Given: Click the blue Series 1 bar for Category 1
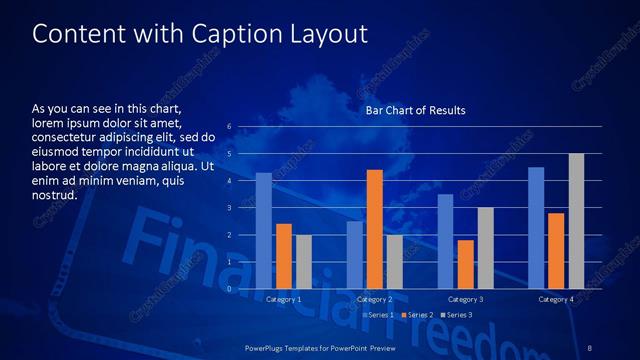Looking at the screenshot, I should pyautogui.click(x=264, y=231).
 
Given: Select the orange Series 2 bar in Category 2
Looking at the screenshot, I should pyautogui.click(x=375, y=229).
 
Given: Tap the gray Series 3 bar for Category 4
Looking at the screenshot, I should pyautogui.click(x=576, y=221).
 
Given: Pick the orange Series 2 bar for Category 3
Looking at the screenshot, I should pyautogui.click(x=466, y=264).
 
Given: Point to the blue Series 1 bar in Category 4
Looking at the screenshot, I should pyautogui.click(x=536, y=228).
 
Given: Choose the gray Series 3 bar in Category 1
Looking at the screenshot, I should pyautogui.click(x=304, y=262).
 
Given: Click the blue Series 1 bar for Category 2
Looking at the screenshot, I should pyautogui.click(x=355, y=255).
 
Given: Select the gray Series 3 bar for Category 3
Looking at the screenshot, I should pyautogui.click(x=486, y=248).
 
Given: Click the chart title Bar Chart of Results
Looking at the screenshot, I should pyautogui.click(x=415, y=110).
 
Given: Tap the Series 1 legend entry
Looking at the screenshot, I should pyautogui.click(x=378, y=315).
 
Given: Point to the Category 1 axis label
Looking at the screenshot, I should pyautogui.click(x=284, y=299).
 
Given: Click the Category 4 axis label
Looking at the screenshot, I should pyautogui.click(x=556, y=299).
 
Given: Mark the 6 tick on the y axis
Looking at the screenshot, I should pyautogui.click(x=229, y=127).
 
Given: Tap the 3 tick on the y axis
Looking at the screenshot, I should pyautogui.click(x=229, y=208).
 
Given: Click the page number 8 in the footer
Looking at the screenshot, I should pyautogui.click(x=590, y=347).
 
